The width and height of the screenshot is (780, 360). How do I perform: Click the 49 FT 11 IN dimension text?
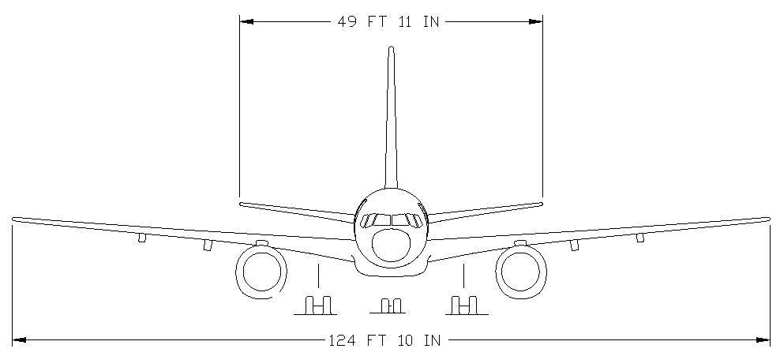[388, 22]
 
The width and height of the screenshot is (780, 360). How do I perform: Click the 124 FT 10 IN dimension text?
[384, 340]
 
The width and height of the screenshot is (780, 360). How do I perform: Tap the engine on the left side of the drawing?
[261, 272]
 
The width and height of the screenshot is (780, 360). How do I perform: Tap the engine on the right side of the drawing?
[521, 272]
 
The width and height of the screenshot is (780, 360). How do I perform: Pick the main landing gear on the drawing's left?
[318, 306]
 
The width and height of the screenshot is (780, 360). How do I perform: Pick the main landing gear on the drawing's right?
[464, 306]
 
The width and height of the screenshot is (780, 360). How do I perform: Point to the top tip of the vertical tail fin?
[391, 47]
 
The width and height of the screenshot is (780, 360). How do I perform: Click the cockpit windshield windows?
[391, 220]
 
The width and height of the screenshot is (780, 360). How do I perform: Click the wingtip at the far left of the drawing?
[14, 219]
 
